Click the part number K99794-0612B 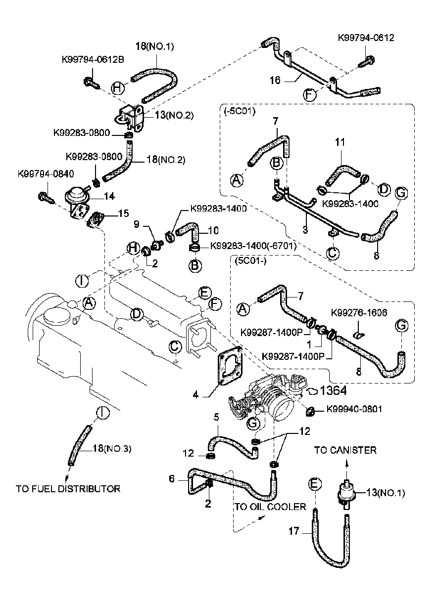pos(93,59)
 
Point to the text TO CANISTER pos(345,450)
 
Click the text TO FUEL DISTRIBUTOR pos(68,489)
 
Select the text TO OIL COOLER pos(270,507)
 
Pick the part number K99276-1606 pos(360,313)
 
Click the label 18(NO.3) pos(112,449)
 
